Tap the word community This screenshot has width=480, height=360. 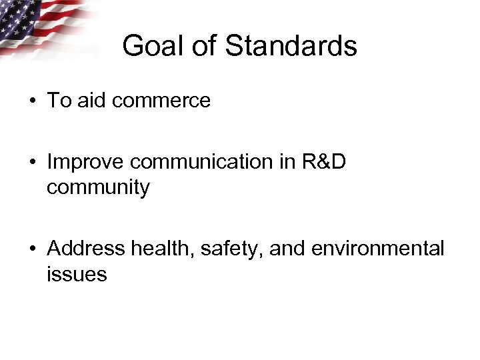(x=98, y=187)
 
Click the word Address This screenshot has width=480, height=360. (x=86, y=249)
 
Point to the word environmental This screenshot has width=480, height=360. (x=379, y=249)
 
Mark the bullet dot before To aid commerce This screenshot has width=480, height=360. (x=33, y=101)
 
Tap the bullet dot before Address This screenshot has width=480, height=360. (x=33, y=249)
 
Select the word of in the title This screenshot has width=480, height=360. (x=203, y=47)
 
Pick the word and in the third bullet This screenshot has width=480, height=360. (x=288, y=249)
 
